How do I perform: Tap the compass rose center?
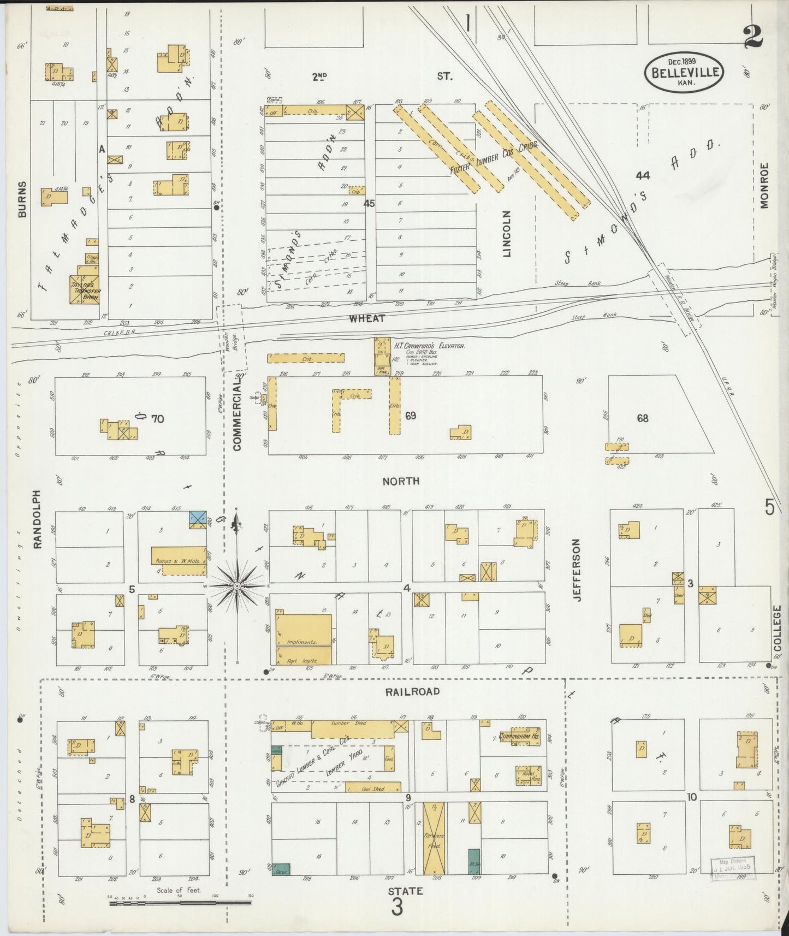(237, 586)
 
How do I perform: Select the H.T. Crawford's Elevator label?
(429, 346)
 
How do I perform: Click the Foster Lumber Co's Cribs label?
(494, 158)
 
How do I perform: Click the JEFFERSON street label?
(577, 570)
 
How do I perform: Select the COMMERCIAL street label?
(236, 415)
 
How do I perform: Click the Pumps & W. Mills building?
(179, 560)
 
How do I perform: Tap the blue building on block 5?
(198, 519)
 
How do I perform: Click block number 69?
(411, 416)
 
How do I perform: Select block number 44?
(643, 175)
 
